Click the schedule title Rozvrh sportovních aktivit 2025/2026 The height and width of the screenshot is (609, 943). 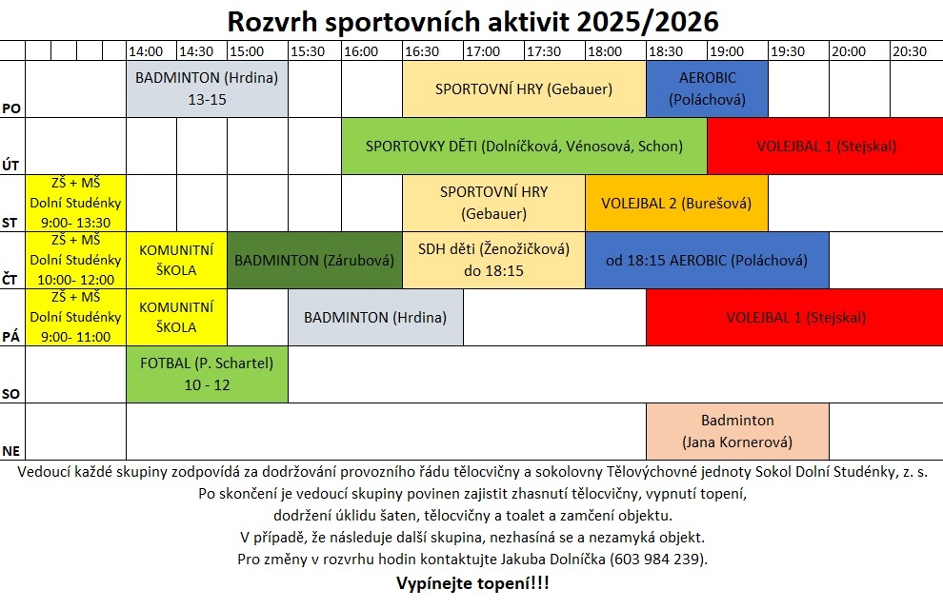click(472, 21)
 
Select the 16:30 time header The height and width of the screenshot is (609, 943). click(421, 51)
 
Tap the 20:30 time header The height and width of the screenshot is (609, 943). click(910, 51)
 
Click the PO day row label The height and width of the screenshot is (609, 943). click(11, 108)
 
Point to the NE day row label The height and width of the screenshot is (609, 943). click(11, 450)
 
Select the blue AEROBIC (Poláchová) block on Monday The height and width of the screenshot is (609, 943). click(707, 88)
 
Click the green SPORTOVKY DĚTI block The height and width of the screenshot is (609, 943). click(524, 147)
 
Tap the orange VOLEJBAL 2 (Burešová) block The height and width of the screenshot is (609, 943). click(676, 203)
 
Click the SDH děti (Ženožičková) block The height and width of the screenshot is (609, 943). click(493, 260)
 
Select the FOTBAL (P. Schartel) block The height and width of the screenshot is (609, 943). click(207, 374)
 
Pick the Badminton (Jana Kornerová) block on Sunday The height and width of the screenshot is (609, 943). click(737, 431)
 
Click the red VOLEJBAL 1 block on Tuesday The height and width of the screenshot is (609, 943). click(826, 147)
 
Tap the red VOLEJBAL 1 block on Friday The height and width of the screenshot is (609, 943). click(795, 318)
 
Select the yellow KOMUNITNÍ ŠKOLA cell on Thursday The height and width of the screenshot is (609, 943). click(176, 260)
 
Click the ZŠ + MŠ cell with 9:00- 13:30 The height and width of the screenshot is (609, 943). click(75, 203)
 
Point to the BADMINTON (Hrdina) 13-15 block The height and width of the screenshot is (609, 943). click(207, 88)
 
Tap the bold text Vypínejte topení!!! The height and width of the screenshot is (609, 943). click(472, 582)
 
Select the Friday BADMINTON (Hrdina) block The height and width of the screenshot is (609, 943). click(375, 318)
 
